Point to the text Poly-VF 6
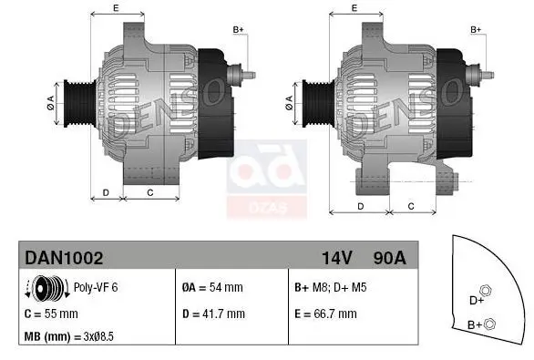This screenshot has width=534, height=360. point(96,288)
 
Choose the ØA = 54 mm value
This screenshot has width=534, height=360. point(212,288)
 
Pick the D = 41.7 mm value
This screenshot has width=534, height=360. point(213,314)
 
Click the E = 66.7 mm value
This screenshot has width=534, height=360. point(325,314)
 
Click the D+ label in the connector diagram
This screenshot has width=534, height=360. point(476,299)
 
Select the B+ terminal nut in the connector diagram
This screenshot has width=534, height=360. point(490,323)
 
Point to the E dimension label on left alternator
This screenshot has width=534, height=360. point(116,8)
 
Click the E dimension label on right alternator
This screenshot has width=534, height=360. point(354,8)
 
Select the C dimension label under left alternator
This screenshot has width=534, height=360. point(149,193)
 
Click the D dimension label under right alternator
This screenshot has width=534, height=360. point(362,206)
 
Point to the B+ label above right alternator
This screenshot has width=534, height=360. point(476,29)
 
